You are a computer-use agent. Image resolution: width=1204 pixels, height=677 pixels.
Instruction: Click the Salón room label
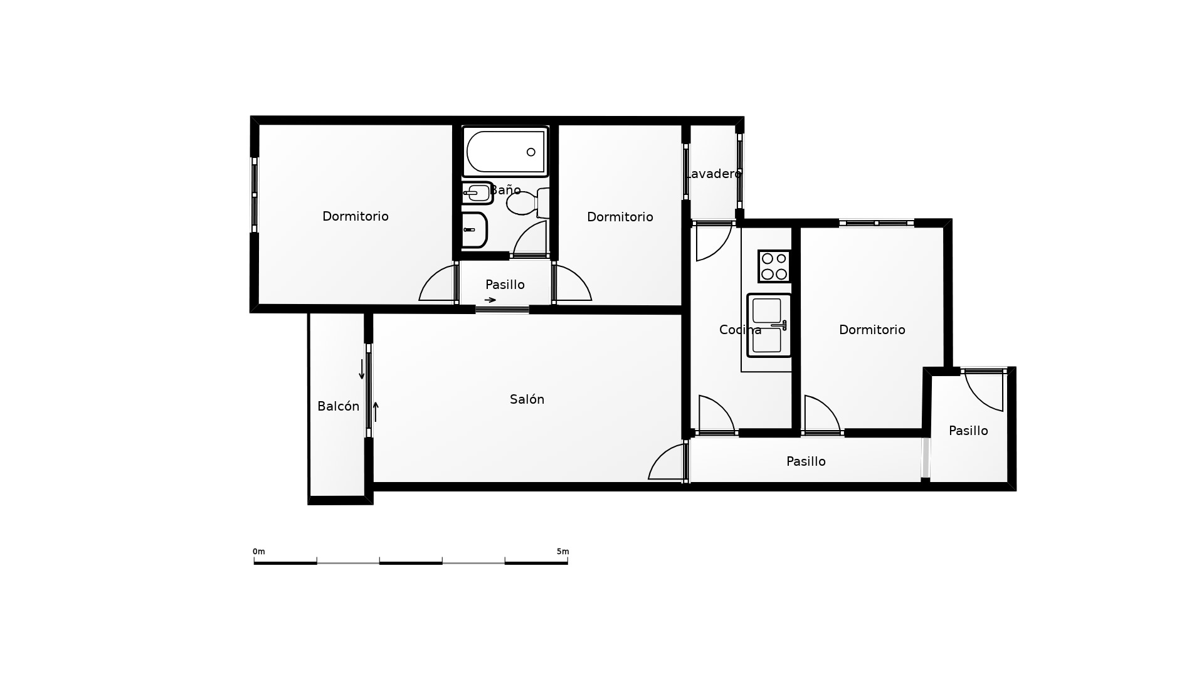(527, 399)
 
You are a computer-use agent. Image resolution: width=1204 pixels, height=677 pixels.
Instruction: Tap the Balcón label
(338, 406)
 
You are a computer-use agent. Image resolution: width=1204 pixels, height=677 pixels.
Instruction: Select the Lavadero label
(713, 174)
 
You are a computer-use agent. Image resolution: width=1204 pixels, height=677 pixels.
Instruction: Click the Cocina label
(740, 330)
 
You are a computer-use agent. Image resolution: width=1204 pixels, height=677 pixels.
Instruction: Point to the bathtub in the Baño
(505, 152)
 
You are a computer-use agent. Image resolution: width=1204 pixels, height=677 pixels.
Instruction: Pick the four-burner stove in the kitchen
(774, 266)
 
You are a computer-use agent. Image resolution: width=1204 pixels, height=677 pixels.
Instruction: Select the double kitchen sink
(769, 325)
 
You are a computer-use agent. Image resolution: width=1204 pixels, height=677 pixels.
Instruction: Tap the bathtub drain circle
(531, 152)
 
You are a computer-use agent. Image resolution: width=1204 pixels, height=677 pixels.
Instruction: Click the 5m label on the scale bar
(562, 552)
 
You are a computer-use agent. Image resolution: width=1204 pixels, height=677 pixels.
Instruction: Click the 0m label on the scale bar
(259, 552)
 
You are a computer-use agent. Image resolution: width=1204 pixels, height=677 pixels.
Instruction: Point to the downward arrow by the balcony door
(362, 369)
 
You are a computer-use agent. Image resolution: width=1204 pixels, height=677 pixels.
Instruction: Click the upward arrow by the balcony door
(376, 412)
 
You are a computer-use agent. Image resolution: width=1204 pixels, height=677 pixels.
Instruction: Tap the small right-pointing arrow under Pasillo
(490, 300)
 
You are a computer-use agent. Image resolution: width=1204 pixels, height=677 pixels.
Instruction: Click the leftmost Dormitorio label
(356, 216)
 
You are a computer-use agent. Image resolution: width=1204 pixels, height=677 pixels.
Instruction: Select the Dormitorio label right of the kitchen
(872, 330)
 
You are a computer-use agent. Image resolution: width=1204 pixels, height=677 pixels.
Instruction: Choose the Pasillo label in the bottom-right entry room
(968, 431)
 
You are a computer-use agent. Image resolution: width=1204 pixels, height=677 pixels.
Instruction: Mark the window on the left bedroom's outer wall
(255, 195)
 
